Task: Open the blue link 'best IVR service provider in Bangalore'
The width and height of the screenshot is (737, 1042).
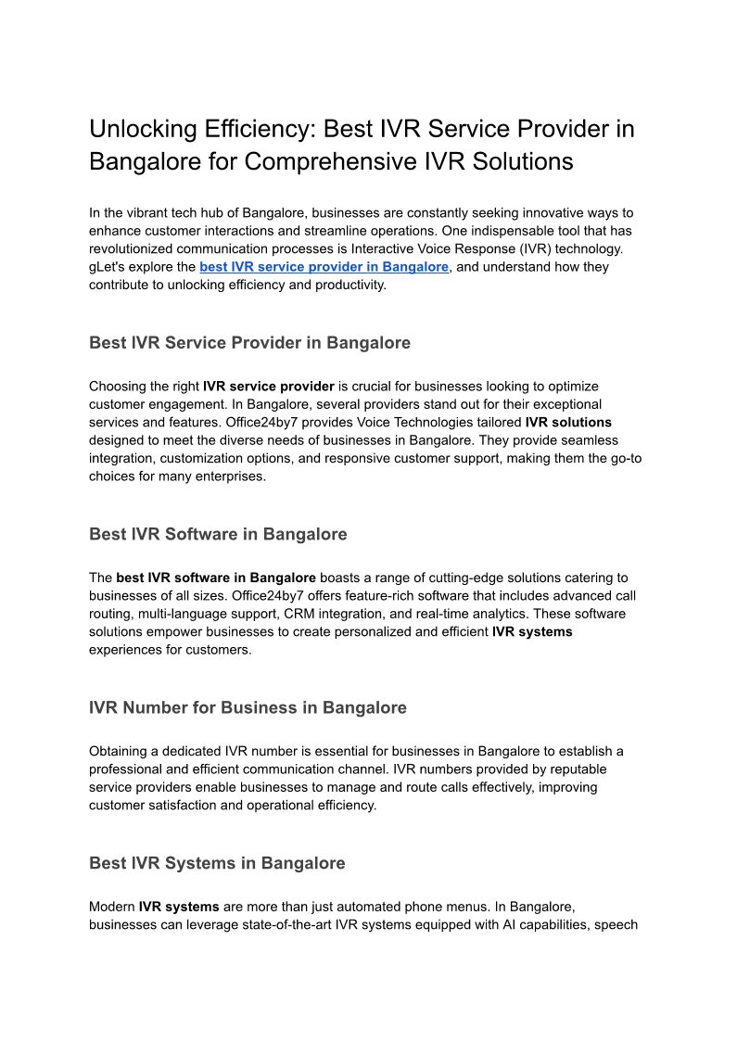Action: pos(324,267)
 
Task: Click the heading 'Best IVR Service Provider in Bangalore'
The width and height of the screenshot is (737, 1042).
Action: pos(249,343)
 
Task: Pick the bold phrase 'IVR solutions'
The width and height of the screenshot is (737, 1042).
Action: pos(568,422)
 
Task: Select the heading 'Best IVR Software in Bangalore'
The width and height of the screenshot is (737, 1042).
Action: pos(218,535)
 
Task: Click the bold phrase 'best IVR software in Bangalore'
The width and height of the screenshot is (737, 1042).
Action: pos(216,578)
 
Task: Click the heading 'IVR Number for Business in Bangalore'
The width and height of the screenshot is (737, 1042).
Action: pos(248,708)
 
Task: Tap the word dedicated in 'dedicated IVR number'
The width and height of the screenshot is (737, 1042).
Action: pos(192,751)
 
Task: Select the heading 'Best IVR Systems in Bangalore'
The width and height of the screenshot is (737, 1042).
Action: pos(217,863)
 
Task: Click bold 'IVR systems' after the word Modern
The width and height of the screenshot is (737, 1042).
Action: pos(179,907)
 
